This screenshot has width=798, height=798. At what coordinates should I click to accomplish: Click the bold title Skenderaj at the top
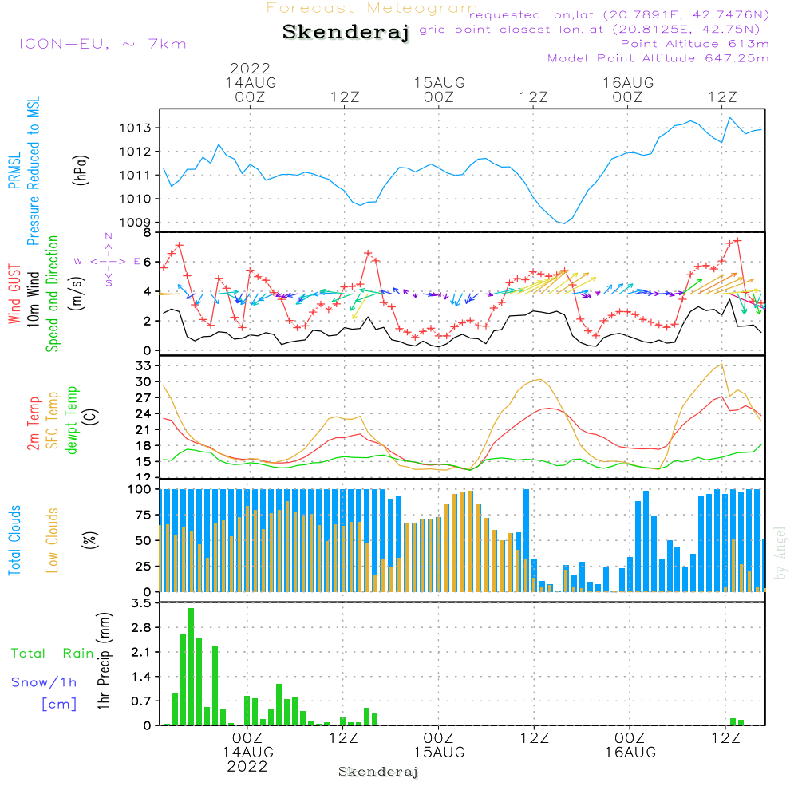(346, 32)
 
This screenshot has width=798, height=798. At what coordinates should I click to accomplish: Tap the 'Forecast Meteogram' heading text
(372, 8)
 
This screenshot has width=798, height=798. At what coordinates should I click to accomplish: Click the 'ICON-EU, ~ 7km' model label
(103, 44)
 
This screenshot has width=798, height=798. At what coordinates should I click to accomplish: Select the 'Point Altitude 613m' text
(694, 44)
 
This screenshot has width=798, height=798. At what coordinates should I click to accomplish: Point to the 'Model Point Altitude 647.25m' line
(658, 58)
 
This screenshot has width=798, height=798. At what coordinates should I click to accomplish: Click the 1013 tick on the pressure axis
(136, 128)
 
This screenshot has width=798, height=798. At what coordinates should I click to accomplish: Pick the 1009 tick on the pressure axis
(136, 223)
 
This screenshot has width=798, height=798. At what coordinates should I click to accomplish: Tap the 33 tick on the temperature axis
(143, 366)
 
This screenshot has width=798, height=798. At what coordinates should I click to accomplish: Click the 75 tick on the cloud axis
(143, 515)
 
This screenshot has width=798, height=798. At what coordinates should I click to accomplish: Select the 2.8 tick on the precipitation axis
(141, 627)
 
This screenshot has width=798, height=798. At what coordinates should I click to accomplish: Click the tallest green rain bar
(191, 666)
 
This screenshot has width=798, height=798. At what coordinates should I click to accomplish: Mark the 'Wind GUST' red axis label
(14, 294)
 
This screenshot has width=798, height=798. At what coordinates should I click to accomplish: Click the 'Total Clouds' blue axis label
(14, 540)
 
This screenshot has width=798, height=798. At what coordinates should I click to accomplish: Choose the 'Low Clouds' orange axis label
(53, 540)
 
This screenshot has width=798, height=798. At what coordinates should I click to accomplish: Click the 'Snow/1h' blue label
(44, 682)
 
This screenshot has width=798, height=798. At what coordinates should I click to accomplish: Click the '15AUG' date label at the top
(439, 83)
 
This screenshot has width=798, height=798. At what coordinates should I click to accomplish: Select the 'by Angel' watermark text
(780, 553)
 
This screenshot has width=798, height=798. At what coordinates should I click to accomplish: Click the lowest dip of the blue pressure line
(564, 223)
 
